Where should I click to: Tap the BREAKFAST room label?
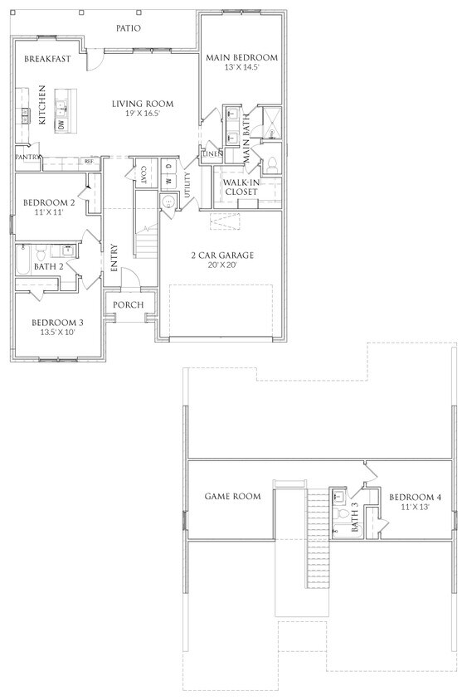[x=47, y=59]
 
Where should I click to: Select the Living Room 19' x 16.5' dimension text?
[x=143, y=114]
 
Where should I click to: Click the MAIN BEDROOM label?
[x=242, y=57]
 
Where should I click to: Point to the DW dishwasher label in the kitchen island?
[x=61, y=124]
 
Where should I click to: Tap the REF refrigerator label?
[x=89, y=162]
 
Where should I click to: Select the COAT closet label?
[x=144, y=175]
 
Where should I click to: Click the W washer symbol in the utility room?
[x=168, y=181]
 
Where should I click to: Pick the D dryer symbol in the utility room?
[x=168, y=167]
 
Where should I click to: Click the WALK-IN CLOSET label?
[x=241, y=187]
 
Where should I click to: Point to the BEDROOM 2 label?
[x=50, y=202]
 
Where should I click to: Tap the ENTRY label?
[x=114, y=259]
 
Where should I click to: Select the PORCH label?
[x=129, y=305]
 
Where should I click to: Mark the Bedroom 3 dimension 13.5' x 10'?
[x=56, y=333]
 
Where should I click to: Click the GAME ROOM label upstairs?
[x=233, y=497]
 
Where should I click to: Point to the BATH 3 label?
[x=354, y=517]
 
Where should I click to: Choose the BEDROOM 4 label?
[x=415, y=497]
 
